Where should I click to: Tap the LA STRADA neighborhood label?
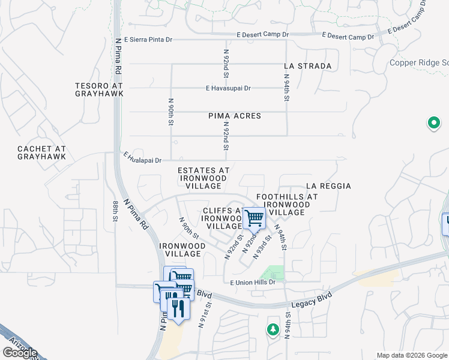308,66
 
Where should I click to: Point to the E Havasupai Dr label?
228,88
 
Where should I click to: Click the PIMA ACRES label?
235,116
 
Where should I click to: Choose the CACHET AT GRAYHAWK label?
41,152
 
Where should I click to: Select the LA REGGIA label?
328,187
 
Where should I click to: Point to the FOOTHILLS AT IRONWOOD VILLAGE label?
287,205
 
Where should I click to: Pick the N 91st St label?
208,314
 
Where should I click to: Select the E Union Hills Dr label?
252,282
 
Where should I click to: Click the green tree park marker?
273,329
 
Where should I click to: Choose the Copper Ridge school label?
419,63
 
